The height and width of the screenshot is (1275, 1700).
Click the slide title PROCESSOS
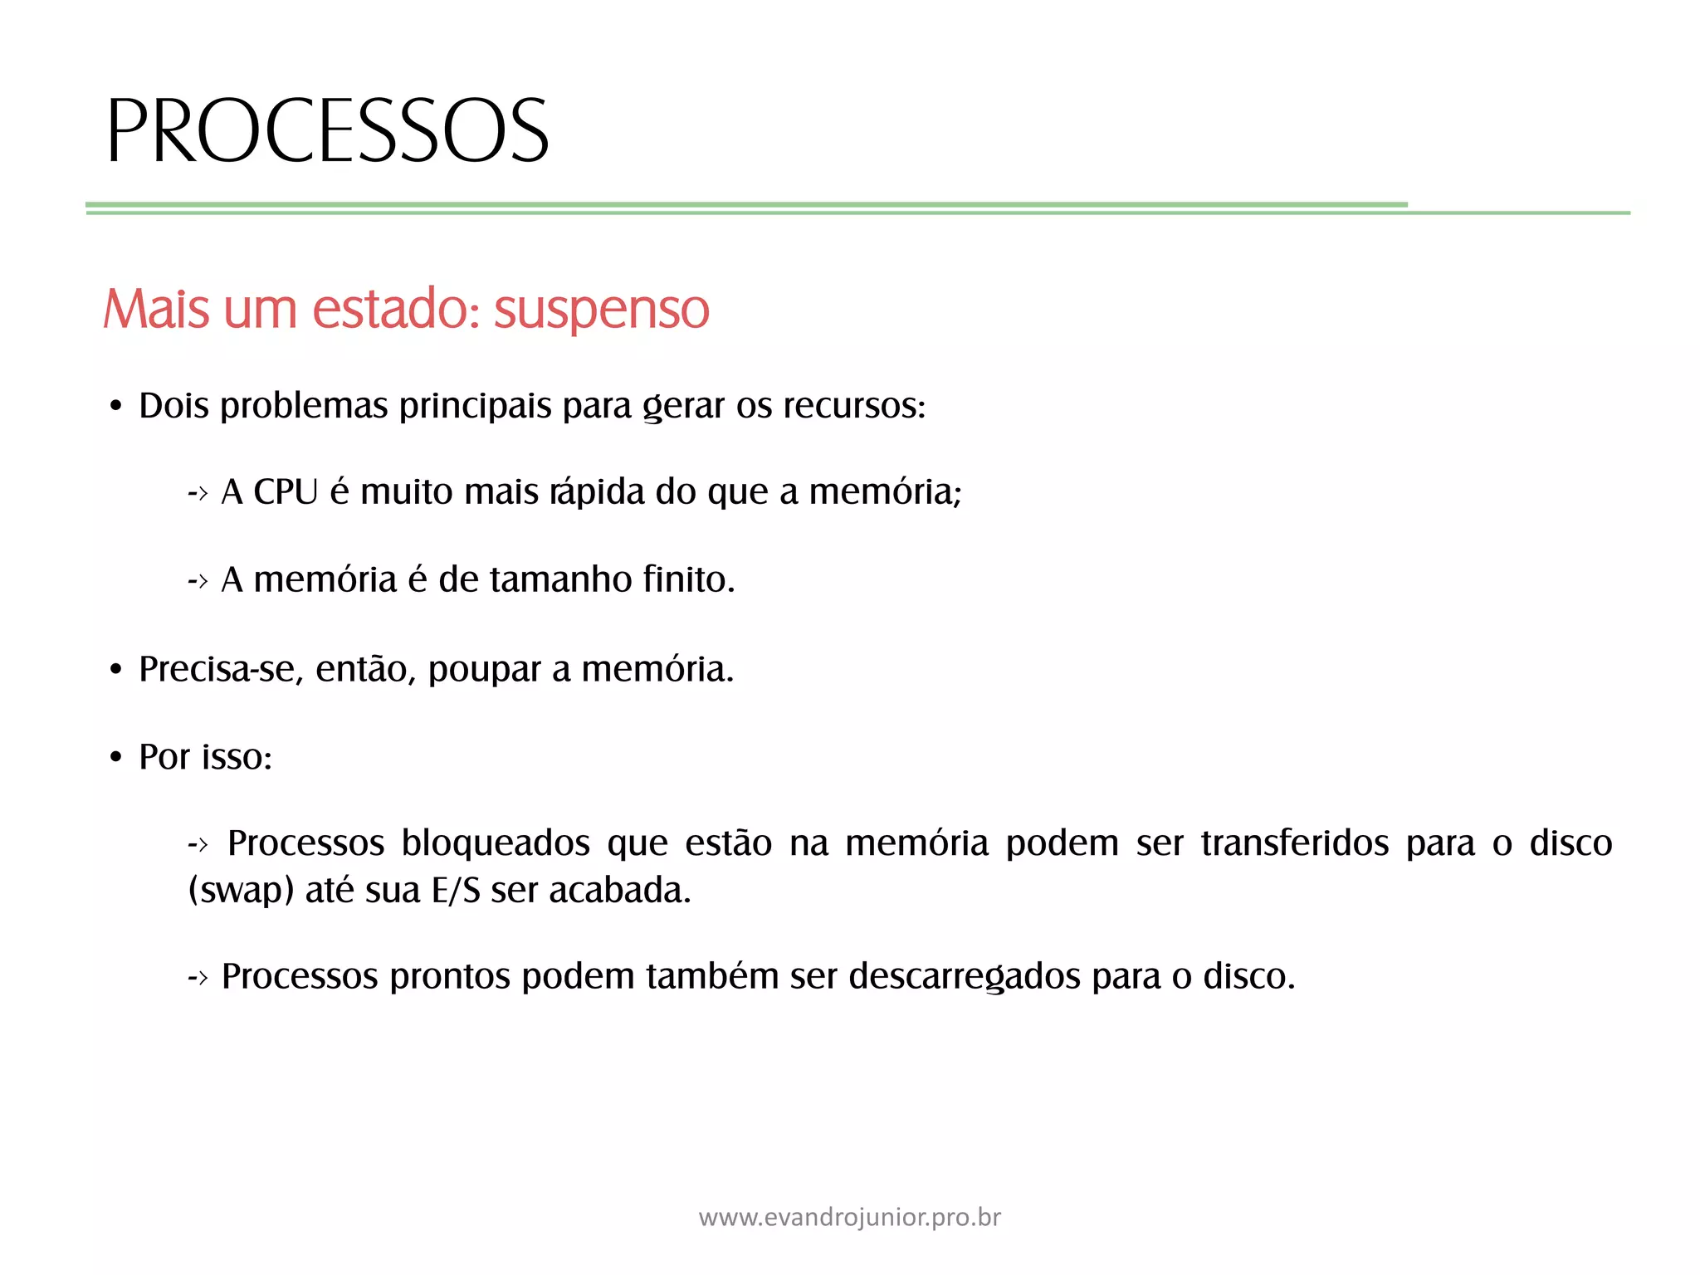click(x=327, y=130)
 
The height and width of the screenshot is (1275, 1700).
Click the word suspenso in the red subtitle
click(x=602, y=310)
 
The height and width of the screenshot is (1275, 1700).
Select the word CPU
click(x=286, y=491)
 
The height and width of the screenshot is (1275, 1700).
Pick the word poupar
click(x=485, y=669)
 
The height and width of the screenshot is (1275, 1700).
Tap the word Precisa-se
click(x=220, y=669)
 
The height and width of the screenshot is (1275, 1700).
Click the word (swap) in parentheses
click(x=241, y=891)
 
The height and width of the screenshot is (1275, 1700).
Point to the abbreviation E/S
click(x=456, y=891)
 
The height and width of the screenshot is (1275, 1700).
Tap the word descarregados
click(x=965, y=976)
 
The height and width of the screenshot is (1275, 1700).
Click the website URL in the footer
click(x=850, y=1217)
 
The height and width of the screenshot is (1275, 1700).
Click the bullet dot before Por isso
click(x=116, y=757)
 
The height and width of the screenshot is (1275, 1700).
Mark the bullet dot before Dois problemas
click(x=116, y=407)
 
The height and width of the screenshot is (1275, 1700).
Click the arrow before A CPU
click(x=198, y=493)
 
